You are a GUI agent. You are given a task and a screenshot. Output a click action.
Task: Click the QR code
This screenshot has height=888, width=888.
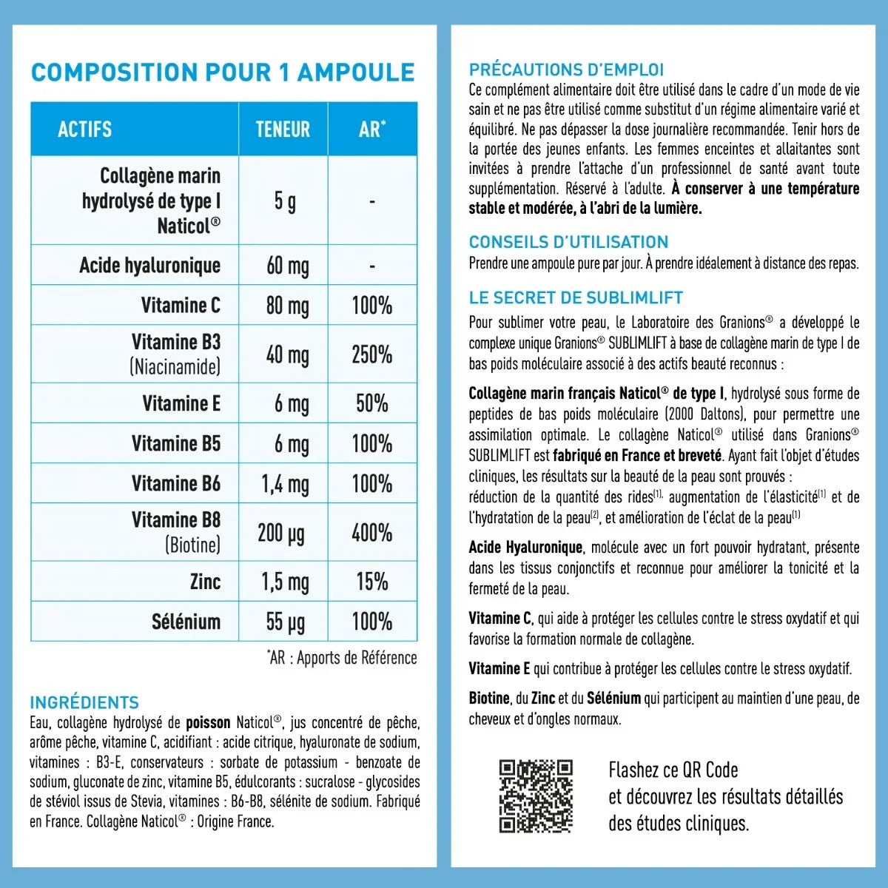coord(536,796)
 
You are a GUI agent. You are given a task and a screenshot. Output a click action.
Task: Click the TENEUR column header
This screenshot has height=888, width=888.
coord(283,129)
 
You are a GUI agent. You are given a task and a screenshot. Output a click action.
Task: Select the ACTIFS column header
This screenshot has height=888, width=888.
coord(85,129)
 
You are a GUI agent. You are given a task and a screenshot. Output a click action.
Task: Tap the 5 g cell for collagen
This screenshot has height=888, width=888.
coord(284,201)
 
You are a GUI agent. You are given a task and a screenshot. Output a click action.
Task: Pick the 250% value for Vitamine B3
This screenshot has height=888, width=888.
coord(371,354)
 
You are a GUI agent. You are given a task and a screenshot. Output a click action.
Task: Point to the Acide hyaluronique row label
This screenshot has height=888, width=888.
coord(150,266)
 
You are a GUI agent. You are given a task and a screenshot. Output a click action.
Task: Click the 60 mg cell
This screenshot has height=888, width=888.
coord(287,266)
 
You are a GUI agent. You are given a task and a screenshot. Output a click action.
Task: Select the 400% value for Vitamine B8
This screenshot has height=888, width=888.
coord(371,533)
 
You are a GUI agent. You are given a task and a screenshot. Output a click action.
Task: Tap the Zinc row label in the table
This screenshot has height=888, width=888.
coord(205,582)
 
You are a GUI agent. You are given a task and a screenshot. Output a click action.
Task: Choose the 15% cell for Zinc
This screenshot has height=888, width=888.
coord(371,582)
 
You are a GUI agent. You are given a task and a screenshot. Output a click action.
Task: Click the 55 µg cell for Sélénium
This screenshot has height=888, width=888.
coord(285,622)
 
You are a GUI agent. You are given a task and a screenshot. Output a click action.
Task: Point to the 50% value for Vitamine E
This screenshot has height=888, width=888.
coord(371,403)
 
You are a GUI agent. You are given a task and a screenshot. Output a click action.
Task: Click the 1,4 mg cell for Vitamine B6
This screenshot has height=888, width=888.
coord(285,484)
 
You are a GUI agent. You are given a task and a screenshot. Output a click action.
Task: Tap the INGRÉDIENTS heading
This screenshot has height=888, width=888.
coord(84,702)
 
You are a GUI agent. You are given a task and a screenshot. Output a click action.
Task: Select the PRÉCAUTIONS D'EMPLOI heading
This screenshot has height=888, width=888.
coord(566,70)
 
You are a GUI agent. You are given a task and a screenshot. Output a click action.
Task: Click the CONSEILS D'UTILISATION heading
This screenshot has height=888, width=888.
coord(568,242)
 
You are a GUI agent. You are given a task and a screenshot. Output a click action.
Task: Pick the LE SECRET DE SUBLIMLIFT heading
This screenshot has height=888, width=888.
coord(576,298)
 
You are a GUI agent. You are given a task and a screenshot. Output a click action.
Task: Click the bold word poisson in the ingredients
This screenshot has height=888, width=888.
coord(208,722)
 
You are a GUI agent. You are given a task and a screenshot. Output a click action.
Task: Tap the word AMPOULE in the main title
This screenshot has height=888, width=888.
coord(356,73)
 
